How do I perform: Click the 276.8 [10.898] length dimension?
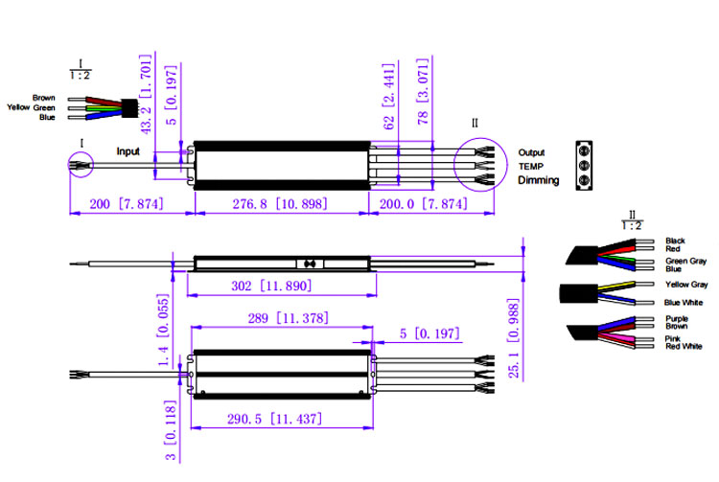click(280, 203)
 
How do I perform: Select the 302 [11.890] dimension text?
click(271, 286)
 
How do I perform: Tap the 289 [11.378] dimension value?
click(288, 318)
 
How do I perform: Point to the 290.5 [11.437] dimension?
click(274, 419)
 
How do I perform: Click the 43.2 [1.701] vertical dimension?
click(146, 94)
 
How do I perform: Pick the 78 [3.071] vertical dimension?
click(423, 92)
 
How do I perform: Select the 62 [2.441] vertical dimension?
click(388, 97)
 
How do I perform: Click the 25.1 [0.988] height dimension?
click(514, 338)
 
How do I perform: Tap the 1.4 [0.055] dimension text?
click(163, 330)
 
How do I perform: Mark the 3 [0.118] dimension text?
click(170, 430)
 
